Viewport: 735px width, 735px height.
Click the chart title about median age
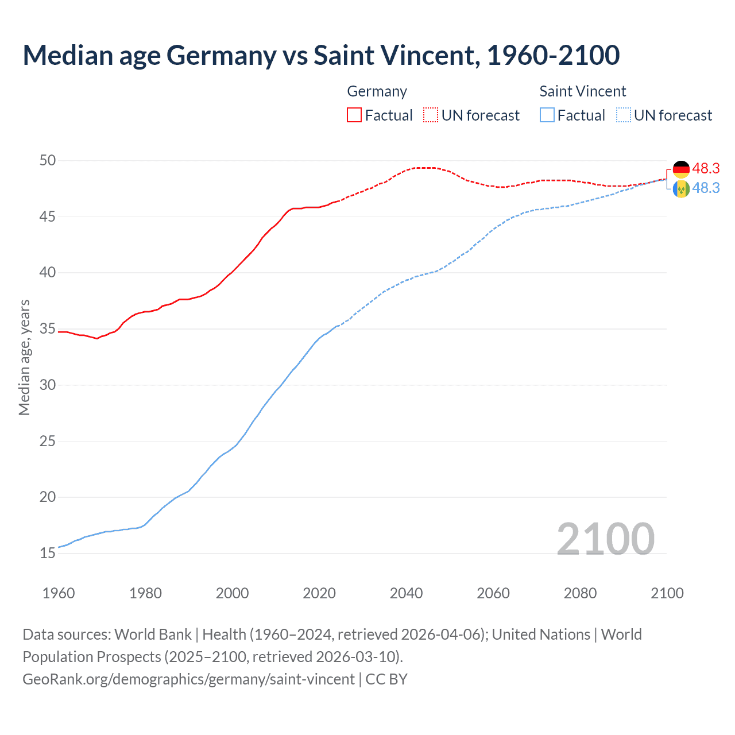point(321,55)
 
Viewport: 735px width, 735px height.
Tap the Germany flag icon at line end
point(681,169)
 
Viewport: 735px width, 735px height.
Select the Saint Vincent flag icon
point(681,189)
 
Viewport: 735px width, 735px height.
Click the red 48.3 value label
point(706,168)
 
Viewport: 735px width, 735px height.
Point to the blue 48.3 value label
point(706,188)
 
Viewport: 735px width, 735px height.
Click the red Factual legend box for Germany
point(354,115)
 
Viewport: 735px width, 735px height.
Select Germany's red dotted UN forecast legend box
point(431,115)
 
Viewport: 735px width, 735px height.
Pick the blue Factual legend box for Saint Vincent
point(547,115)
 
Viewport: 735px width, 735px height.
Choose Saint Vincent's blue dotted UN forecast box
point(624,115)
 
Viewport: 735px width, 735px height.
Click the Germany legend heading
point(377,91)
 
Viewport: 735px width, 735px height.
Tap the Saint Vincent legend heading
point(582,91)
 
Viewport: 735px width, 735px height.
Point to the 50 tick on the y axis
point(48,160)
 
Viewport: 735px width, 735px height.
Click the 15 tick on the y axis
point(48,554)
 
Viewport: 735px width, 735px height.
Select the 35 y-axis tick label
point(48,329)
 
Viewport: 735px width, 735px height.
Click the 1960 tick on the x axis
point(59,593)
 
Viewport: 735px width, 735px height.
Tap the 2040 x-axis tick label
point(406,593)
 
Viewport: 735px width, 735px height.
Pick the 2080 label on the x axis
point(580,593)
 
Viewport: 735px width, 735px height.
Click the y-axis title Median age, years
point(24,357)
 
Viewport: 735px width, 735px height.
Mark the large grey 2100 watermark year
point(605,539)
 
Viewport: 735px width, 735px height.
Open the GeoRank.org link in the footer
point(188,679)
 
